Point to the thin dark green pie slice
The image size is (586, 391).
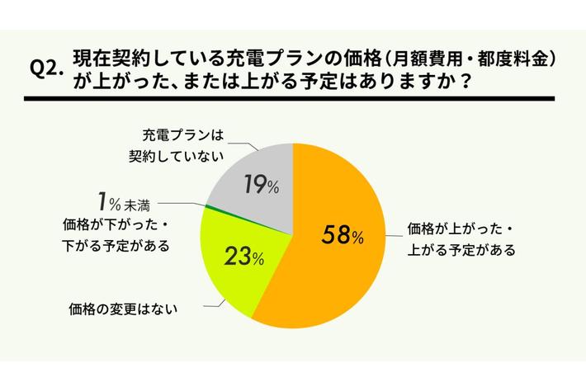[206, 208]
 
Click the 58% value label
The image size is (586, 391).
[340, 236]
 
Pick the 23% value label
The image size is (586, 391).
[243, 257]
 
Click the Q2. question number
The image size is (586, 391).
[47, 70]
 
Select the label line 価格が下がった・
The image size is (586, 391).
[116, 224]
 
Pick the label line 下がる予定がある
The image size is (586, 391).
[116, 245]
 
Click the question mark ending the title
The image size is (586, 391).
[476, 82]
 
